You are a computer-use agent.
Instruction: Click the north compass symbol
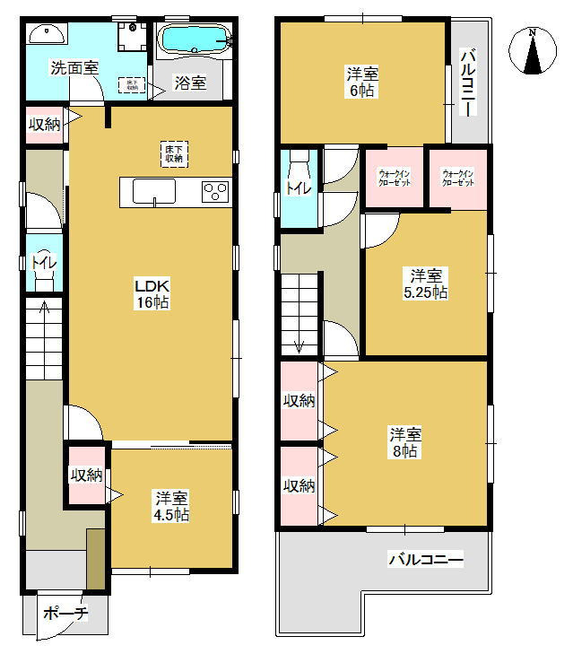click(532, 52)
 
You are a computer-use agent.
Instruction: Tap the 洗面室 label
click(74, 67)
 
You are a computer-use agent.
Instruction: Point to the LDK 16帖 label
click(152, 293)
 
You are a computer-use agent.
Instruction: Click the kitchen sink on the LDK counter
click(154, 191)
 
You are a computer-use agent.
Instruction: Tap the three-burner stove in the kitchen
click(215, 191)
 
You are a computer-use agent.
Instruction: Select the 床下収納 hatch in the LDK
click(174, 153)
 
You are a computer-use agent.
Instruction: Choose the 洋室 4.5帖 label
click(170, 506)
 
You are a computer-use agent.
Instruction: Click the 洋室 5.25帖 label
click(424, 283)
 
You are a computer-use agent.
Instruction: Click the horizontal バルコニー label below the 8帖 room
click(425, 561)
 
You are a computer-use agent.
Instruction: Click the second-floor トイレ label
click(297, 187)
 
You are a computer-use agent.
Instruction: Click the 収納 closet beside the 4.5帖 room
click(87, 475)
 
